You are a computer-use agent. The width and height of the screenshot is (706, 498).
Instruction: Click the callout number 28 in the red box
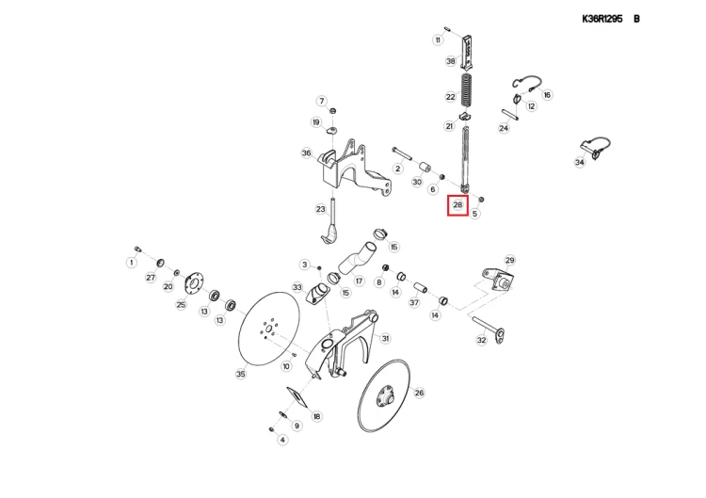pyautogui.click(x=457, y=204)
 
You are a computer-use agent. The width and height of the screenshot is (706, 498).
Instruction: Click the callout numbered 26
pyautogui.click(x=419, y=393)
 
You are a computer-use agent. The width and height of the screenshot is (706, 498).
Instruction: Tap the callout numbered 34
pyautogui.click(x=580, y=162)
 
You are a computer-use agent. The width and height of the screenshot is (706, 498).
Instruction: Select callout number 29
pyautogui.click(x=510, y=260)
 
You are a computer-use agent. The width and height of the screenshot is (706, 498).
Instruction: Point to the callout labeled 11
pyautogui.click(x=438, y=40)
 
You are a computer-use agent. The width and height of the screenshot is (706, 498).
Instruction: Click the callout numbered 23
pyautogui.click(x=321, y=210)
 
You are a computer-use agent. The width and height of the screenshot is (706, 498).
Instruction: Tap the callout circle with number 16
pyautogui.click(x=547, y=94)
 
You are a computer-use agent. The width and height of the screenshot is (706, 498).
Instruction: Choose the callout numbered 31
pyautogui.click(x=385, y=338)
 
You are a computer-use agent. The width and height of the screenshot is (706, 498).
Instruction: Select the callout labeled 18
pyautogui.click(x=316, y=416)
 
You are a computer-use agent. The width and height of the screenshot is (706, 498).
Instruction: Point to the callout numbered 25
pyautogui.click(x=181, y=304)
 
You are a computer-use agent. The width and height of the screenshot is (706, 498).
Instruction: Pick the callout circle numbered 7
pyautogui.click(x=321, y=101)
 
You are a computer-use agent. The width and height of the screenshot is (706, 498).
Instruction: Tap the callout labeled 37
pyautogui.click(x=414, y=302)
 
